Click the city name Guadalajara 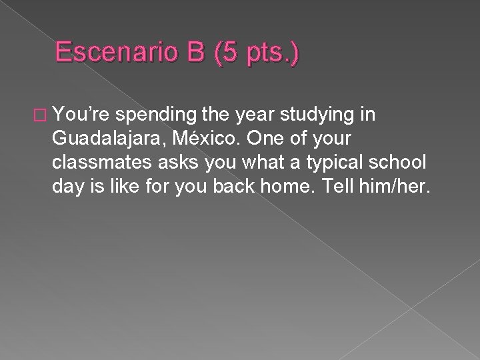tap(103, 140)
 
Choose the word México tap(195, 139)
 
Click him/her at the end tap(399, 188)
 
